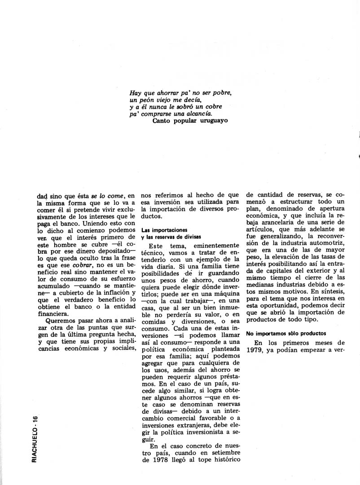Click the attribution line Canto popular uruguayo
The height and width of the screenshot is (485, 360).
tap(191, 120)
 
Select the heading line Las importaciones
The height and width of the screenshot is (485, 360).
tap(162, 229)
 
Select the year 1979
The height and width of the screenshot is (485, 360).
tap(256, 353)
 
